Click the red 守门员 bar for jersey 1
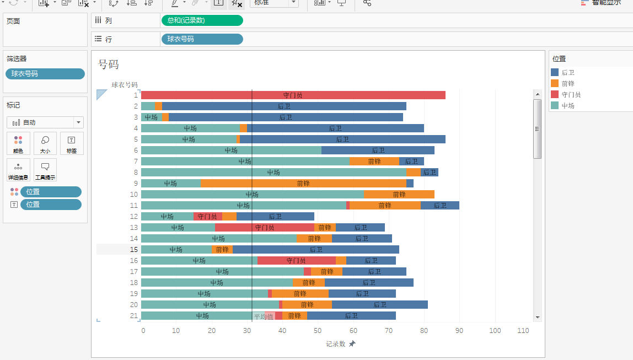293,95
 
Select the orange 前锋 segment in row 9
303,183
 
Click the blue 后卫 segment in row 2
284,106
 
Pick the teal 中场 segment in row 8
273,172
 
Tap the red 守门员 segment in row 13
264,227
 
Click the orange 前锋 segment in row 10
399,194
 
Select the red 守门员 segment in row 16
296,260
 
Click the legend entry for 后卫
567,72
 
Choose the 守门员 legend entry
571,94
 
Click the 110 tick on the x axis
523,330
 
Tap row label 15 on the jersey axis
134,249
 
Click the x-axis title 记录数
335,343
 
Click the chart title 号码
109,64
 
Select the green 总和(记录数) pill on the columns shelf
202,20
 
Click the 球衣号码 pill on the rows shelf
202,39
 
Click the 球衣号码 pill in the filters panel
45,74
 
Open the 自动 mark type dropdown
45,122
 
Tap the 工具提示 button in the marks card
45,170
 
